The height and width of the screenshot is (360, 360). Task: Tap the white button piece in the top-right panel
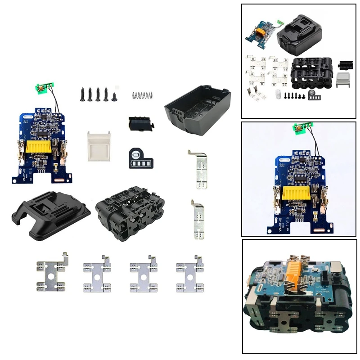[x=343, y=80]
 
